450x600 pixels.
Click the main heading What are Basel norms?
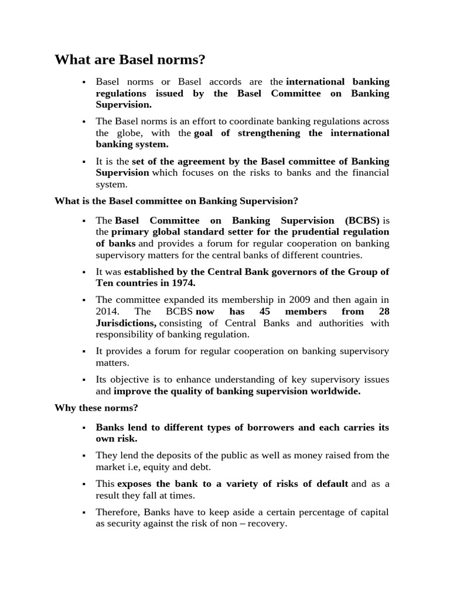130,60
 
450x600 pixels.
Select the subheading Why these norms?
96,408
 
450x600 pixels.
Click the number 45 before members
264,312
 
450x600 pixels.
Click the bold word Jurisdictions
125,323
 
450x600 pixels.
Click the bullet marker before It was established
85,272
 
